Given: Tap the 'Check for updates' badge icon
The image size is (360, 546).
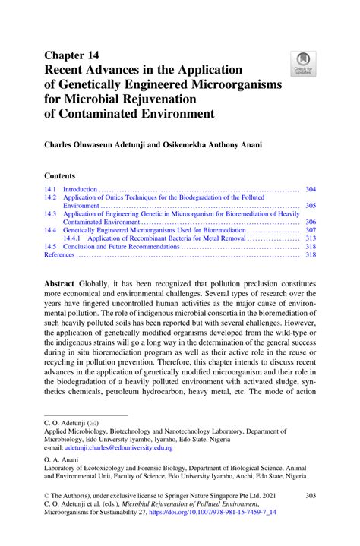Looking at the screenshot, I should tap(304, 62).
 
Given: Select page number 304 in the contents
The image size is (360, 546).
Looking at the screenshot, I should tap(310, 189).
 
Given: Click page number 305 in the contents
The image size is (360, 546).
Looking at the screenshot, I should tap(310, 206).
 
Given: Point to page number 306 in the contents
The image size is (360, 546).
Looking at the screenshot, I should tap(310, 223).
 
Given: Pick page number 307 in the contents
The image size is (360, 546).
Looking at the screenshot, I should tap(310, 230).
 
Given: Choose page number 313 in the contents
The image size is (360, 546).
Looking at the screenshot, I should tap(310, 238).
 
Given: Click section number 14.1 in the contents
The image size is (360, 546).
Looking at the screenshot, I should tap(50, 189).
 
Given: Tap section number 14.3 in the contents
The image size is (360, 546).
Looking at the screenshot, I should tap(50, 214).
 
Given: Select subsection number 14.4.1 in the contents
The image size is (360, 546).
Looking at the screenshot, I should tap(74, 238).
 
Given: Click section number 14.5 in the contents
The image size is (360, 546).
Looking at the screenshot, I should tap(50, 247).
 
